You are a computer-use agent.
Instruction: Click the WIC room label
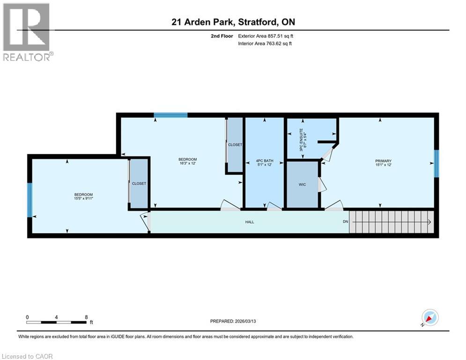[303, 185]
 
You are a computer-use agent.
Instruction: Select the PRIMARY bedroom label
[383, 160]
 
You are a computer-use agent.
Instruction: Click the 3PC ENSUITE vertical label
[303, 139]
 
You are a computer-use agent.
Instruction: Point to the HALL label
[250, 222]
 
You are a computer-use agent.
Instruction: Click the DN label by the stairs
[346, 222]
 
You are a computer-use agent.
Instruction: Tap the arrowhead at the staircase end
[429, 222]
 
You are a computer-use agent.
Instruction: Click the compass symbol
[429, 317]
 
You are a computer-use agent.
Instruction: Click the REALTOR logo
[27, 32]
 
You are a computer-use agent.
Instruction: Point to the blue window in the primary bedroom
[436, 164]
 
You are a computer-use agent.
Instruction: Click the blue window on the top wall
[171, 115]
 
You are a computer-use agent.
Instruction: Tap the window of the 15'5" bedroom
[30, 200]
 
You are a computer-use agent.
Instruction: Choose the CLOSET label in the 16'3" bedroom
[235, 145]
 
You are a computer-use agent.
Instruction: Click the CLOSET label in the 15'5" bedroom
[139, 183]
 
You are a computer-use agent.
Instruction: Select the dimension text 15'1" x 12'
[383, 165]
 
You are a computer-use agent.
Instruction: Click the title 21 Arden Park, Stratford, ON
[233, 22]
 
